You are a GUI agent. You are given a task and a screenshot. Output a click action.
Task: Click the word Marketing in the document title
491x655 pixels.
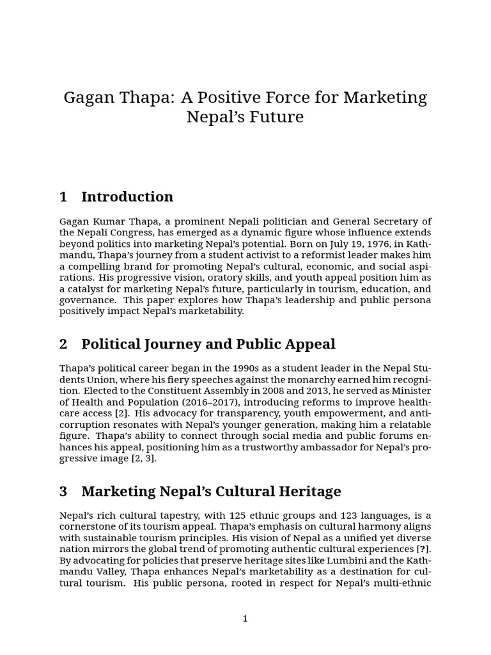click(x=385, y=98)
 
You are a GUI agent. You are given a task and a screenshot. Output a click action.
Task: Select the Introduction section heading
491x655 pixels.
click(x=127, y=196)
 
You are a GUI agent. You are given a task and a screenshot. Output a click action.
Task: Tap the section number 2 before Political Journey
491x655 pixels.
click(x=63, y=344)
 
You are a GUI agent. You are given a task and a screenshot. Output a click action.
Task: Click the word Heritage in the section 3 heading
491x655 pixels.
click(x=309, y=491)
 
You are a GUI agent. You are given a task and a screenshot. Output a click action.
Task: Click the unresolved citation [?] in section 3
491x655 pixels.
click(x=423, y=549)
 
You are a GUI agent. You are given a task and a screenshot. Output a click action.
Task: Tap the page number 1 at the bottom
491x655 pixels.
click(x=245, y=619)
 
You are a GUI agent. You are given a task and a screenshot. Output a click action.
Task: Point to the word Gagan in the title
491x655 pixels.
click(x=86, y=98)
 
